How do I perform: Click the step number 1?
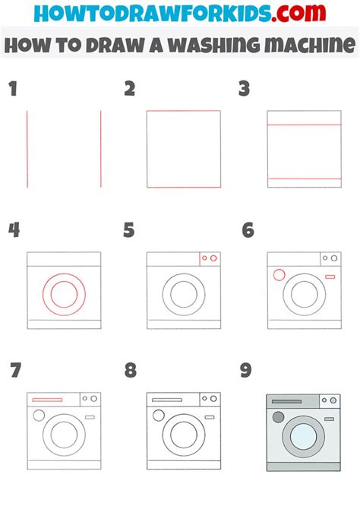coord(11,90)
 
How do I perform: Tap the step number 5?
coord(129,230)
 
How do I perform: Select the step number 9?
coord(245,370)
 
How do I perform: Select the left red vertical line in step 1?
coord(27,149)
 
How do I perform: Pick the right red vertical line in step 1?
coord(100,149)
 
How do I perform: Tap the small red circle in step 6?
coord(278,275)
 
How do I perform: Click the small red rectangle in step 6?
coord(330,277)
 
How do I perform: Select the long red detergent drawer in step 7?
coord(47,399)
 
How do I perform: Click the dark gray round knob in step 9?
coord(278,416)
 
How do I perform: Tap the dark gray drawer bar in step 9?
coord(286,400)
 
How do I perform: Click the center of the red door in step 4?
coord(64,293)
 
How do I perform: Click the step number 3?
coord(245,90)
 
